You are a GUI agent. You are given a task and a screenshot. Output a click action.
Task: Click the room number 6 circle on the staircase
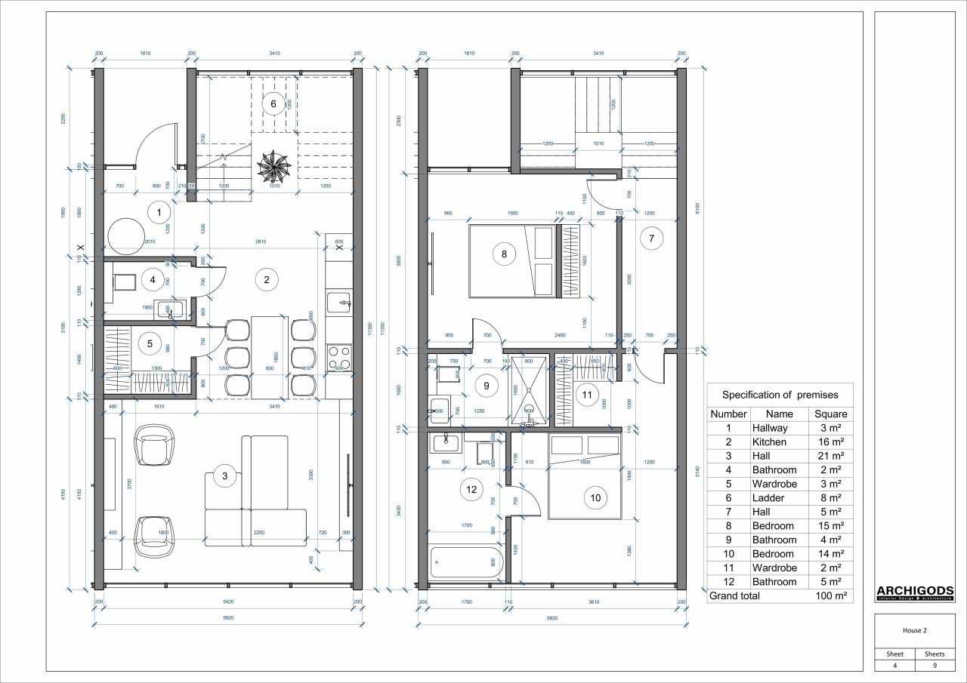[x=273, y=103]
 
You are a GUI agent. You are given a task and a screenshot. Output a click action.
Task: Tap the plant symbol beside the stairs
[x=273, y=166]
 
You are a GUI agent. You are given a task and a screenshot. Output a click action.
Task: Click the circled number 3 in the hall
[x=225, y=475]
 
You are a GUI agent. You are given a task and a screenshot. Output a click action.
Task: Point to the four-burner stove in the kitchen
[x=340, y=356]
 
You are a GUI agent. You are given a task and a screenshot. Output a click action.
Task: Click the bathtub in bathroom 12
[x=465, y=563]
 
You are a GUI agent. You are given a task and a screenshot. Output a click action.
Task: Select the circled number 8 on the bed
[x=505, y=254]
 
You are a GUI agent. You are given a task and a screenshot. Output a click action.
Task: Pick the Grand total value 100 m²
[x=830, y=595]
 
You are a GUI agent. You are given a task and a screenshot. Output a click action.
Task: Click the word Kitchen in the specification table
[x=769, y=441]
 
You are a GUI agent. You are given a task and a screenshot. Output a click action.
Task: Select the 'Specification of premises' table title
[x=779, y=394]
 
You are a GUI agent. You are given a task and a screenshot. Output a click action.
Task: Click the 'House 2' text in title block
[x=914, y=629]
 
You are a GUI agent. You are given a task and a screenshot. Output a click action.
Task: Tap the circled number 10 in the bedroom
[x=595, y=497]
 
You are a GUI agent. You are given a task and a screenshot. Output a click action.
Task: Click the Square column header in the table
[x=830, y=414]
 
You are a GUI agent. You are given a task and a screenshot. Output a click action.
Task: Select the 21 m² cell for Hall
[x=830, y=456]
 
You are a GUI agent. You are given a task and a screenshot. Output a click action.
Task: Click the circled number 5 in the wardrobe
[x=150, y=344]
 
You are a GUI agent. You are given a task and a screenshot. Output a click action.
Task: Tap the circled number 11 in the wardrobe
[x=586, y=394]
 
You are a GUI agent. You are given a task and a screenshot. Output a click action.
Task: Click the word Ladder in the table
[x=769, y=497]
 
